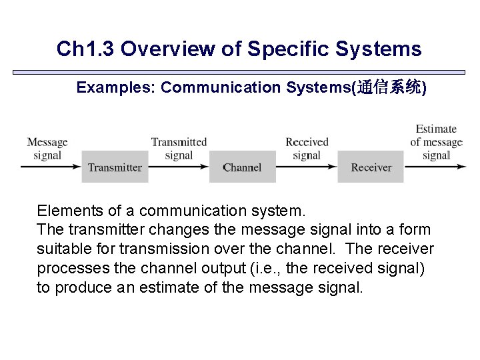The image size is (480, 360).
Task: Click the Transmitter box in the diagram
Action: [x=115, y=167]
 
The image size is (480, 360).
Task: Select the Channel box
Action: [x=242, y=167]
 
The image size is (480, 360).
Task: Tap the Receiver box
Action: [x=371, y=167]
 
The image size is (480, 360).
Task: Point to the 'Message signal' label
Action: [x=47, y=148]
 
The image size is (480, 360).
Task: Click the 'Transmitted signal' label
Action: [x=179, y=148]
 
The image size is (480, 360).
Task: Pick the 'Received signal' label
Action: [x=307, y=148]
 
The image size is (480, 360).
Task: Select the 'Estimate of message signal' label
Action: [x=436, y=142]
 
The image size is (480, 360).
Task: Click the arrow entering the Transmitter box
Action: [x=51, y=167]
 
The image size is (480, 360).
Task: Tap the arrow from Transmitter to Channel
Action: [x=179, y=167]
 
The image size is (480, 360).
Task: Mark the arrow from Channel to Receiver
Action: [x=307, y=167]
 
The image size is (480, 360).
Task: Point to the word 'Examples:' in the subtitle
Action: [x=116, y=87]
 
